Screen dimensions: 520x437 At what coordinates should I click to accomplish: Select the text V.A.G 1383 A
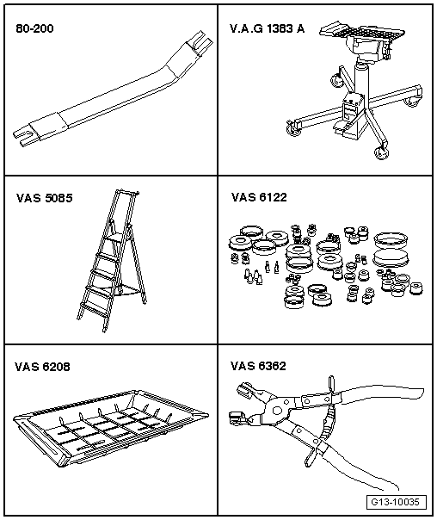(x=267, y=28)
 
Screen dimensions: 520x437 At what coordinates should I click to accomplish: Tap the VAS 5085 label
(x=44, y=197)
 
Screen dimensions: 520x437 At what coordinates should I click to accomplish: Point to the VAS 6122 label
(x=259, y=197)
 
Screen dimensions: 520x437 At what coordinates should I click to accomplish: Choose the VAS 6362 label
(x=259, y=367)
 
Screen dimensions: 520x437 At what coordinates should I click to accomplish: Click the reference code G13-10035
(x=397, y=502)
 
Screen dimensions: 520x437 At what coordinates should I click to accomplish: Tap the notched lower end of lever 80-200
(x=26, y=134)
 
